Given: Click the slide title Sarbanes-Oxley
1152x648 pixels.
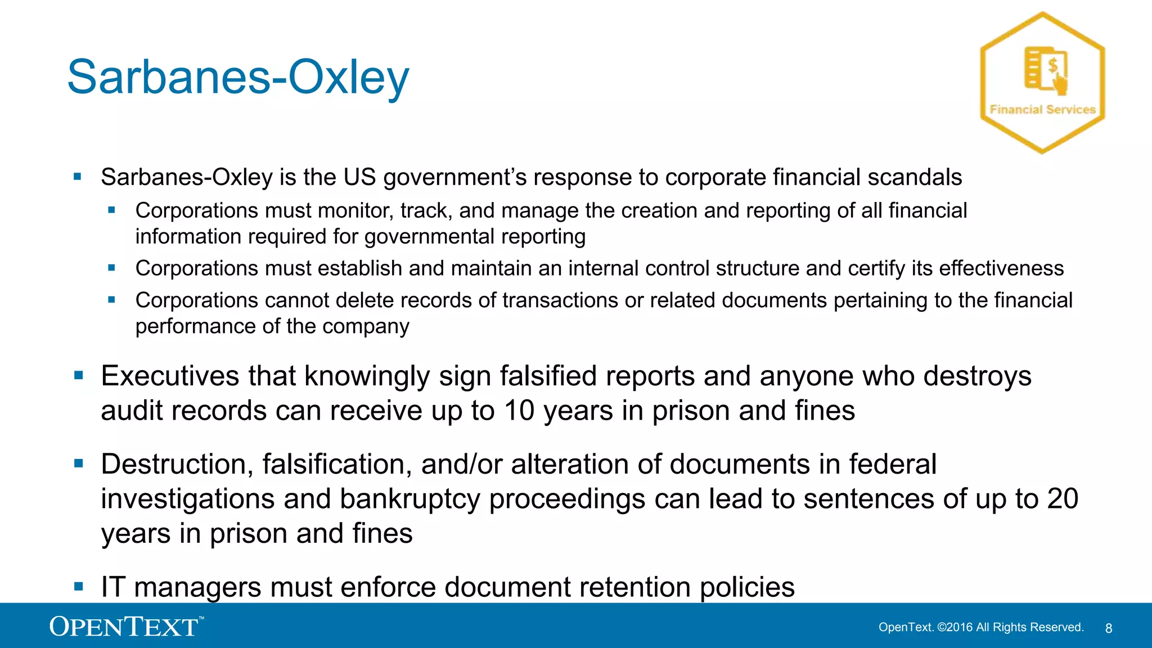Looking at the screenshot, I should coord(238,77).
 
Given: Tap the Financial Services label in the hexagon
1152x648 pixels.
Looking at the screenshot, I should coord(1042,110).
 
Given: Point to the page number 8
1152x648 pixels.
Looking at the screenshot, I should coord(1109,628).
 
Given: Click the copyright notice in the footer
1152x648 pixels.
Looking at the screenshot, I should coord(981,627).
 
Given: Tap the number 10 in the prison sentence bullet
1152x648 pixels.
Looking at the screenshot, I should coord(519,411).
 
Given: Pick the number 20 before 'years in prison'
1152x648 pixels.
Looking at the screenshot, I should coord(1063,498).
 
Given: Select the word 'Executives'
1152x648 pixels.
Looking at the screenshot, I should coord(170,376).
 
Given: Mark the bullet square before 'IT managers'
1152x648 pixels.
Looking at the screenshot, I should coord(79,587).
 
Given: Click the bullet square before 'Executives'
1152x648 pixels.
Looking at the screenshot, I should coord(79,375).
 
